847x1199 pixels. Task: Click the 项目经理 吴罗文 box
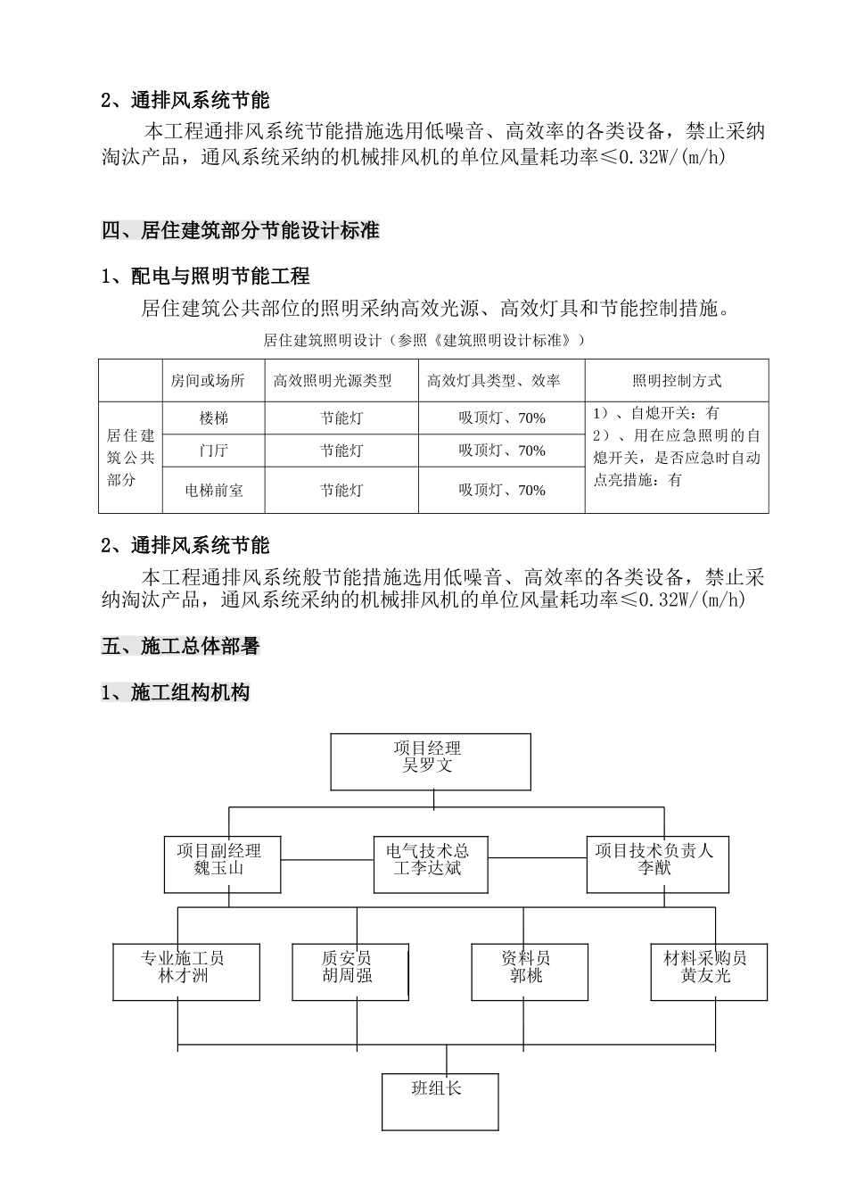point(431,762)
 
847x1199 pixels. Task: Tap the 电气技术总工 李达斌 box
point(431,864)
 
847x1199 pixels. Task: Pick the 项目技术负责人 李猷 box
point(657,864)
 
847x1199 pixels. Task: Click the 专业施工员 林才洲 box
point(186,972)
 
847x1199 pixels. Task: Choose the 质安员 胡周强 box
point(350,972)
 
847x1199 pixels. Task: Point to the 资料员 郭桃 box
point(530,972)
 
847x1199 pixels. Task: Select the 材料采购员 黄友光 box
point(709,972)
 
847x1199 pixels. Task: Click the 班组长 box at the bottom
point(440,1102)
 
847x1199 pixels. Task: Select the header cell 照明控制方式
point(677,381)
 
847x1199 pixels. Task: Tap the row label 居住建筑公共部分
point(131,458)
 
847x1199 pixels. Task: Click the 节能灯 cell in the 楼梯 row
point(341,418)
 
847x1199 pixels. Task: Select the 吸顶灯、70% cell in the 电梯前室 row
point(501,490)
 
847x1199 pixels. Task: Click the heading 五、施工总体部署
point(180,646)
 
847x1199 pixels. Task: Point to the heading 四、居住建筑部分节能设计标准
point(241,230)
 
